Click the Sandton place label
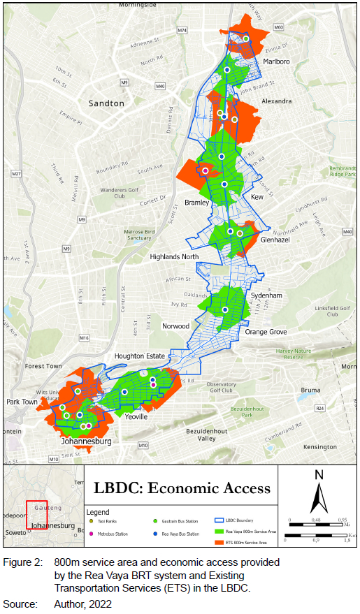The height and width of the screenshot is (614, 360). pos(106,103)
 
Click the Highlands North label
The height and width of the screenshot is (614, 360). pos(175,257)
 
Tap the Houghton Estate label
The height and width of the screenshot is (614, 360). pos(140,356)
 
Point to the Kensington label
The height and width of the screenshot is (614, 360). pos(319,447)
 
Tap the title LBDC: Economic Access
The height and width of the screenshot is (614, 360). pos(180,488)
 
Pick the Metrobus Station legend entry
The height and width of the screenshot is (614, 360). pos(113,534)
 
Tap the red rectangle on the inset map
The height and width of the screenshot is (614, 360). pos(36,515)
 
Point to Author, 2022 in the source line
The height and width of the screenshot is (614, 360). pos(82,604)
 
